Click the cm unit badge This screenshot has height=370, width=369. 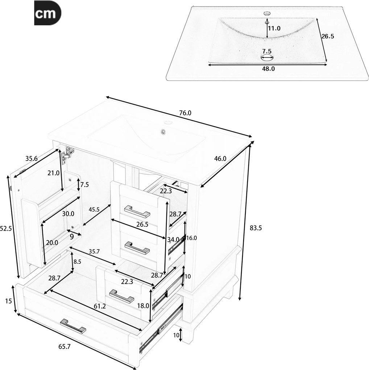(x=47, y=13)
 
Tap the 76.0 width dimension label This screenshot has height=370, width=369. (x=185, y=113)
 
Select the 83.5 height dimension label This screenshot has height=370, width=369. (x=256, y=228)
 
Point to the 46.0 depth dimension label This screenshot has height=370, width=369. (x=220, y=159)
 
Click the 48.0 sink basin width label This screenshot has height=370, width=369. (x=268, y=69)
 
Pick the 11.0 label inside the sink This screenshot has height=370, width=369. (x=274, y=28)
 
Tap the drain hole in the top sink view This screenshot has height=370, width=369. (x=267, y=57)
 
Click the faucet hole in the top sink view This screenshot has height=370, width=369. (x=267, y=13)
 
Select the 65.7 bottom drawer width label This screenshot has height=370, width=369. (x=65, y=347)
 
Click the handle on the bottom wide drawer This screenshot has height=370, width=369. (x=73, y=326)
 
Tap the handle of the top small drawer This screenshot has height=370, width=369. (x=137, y=211)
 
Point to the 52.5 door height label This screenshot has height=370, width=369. (x=6, y=229)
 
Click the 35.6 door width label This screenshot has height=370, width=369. (x=32, y=158)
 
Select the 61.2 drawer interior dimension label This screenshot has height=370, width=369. (x=100, y=306)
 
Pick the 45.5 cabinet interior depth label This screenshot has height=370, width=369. (x=94, y=209)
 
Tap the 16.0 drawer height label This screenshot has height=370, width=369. (x=191, y=238)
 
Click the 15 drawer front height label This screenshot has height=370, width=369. (x=8, y=301)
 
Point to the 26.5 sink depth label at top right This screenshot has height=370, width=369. (x=328, y=36)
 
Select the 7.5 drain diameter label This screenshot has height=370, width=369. (x=267, y=51)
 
